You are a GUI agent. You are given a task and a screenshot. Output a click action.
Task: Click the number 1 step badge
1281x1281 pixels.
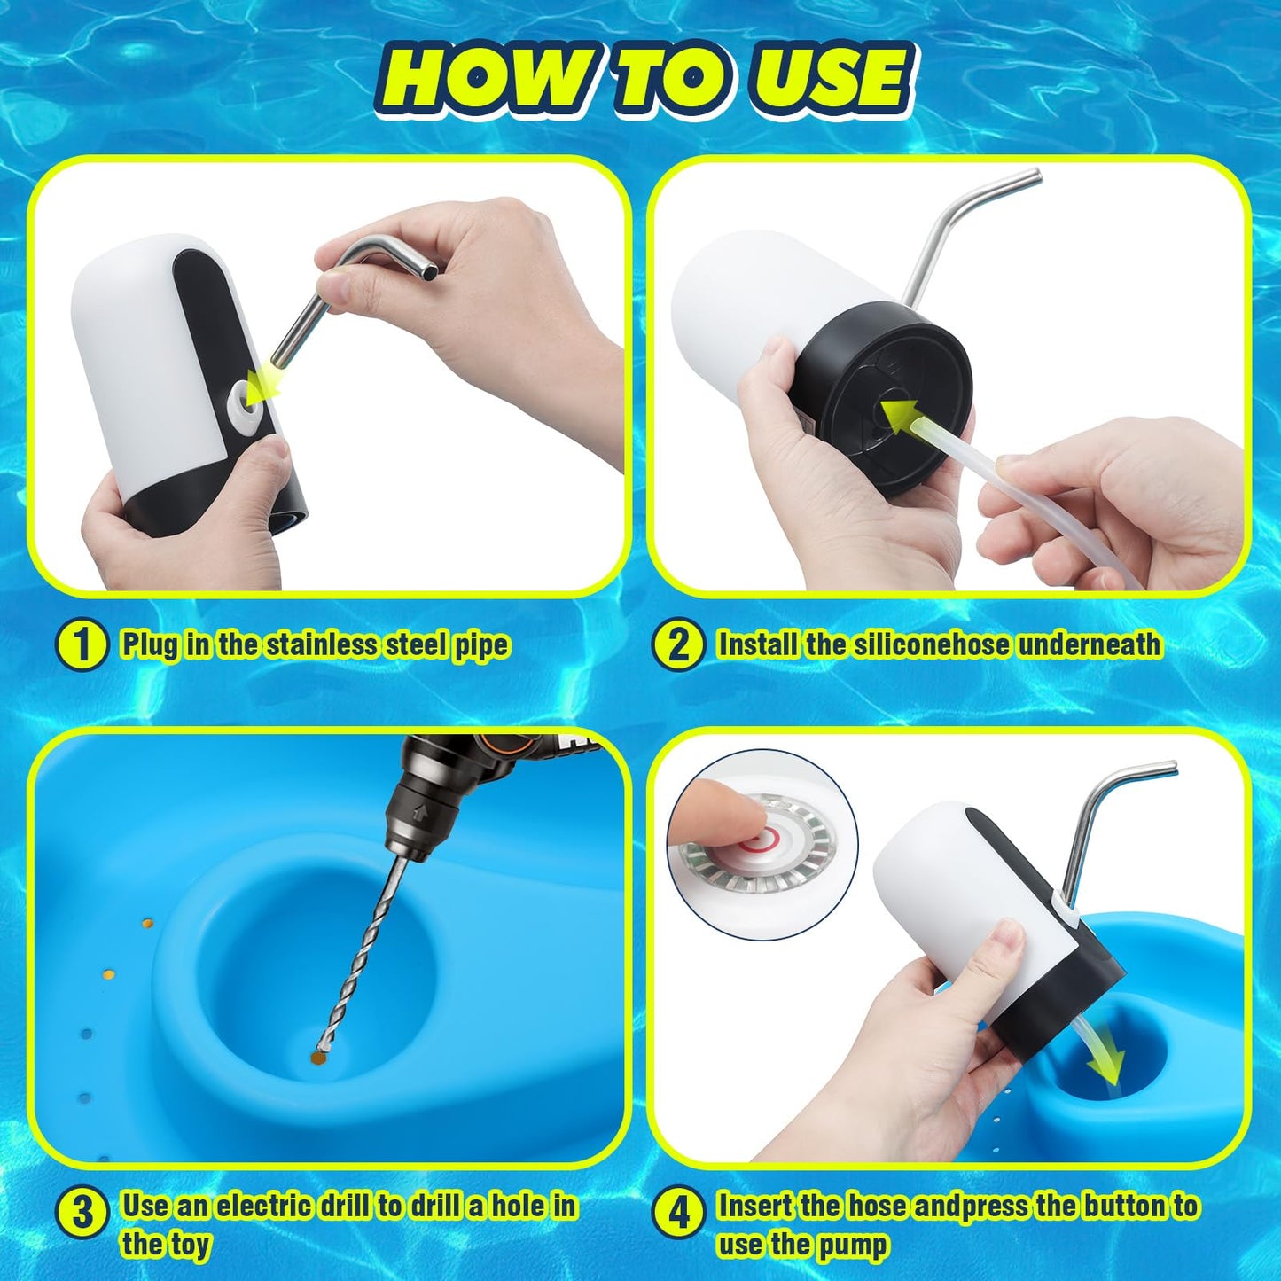[81, 644]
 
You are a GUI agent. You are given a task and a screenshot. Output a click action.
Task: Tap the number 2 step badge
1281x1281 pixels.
[677, 644]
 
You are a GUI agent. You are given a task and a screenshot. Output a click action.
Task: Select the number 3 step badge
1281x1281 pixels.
[81, 1211]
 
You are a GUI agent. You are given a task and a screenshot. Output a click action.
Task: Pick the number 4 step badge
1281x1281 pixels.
[677, 1211]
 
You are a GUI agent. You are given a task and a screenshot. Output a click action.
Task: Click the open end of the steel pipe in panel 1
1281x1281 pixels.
[431, 270]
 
